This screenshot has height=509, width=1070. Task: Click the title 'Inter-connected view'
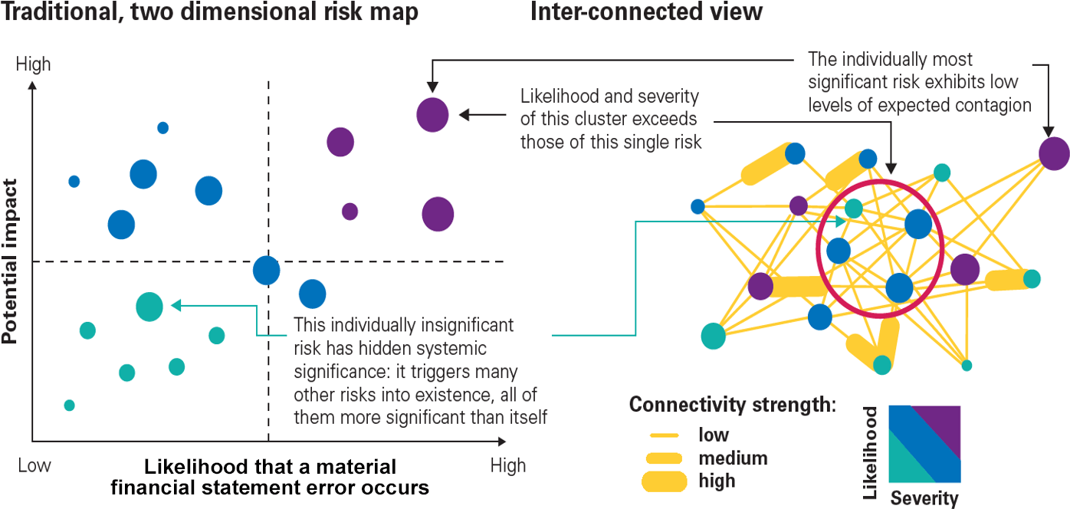(646, 12)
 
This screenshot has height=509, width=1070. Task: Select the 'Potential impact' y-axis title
(10, 261)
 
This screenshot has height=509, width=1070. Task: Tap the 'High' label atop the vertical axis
(33, 64)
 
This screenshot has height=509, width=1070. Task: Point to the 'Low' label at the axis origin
(34, 465)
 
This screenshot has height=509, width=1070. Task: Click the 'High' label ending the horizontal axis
(508, 465)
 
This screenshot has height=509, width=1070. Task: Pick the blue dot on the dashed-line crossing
(267, 270)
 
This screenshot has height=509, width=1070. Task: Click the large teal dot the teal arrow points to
(149, 306)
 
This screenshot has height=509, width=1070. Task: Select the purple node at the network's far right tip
(1054, 153)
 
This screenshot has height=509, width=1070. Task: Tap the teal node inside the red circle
(853, 208)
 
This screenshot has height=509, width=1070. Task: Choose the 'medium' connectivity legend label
(733, 458)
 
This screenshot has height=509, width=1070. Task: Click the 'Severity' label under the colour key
(924, 499)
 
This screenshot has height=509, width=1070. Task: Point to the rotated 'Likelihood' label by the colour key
(871, 453)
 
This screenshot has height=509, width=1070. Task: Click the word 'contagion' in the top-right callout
(993, 105)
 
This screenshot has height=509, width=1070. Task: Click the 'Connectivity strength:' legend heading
(732, 405)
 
